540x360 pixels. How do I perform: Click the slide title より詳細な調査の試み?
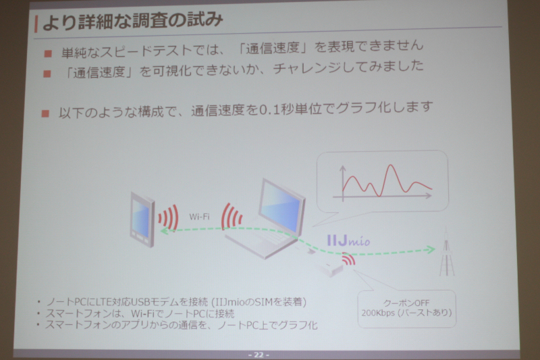point(133,22)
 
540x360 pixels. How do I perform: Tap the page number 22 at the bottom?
point(259,355)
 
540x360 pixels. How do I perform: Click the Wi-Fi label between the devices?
point(199,217)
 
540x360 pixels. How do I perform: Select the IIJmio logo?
point(348,240)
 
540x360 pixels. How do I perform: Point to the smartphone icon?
point(142,220)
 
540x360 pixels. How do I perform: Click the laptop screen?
point(281,207)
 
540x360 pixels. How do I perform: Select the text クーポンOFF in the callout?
point(406,303)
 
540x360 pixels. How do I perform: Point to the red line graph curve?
point(387,181)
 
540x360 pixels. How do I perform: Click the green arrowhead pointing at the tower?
point(431,249)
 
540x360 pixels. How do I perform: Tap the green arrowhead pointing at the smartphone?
point(165,230)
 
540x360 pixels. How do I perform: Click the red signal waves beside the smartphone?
point(168,217)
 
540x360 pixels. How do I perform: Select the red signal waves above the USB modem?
point(348,259)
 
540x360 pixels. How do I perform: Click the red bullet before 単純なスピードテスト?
point(48,53)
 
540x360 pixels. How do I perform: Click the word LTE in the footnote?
point(103,302)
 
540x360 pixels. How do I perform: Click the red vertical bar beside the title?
point(36,24)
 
